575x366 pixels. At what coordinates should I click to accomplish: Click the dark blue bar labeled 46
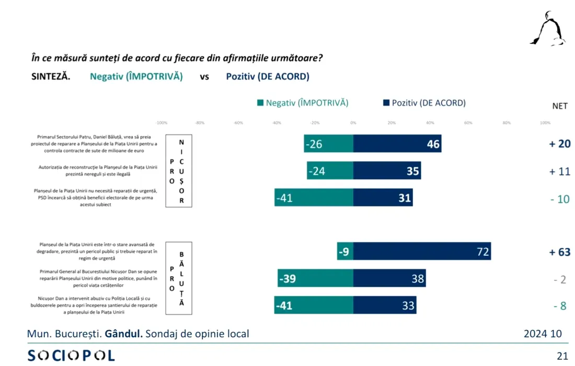point(397,144)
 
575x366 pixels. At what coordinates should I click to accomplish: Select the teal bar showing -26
point(329,144)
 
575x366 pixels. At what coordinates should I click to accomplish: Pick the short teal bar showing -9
point(345,251)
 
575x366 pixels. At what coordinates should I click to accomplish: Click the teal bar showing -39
point(315,279)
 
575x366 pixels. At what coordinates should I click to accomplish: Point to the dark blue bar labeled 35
point(387,171)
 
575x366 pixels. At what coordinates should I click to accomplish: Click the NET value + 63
point(559,252)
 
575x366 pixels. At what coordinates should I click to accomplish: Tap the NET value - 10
point(559,199)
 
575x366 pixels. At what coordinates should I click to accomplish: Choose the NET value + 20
point(559,144)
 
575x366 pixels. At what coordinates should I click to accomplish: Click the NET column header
point(560,106)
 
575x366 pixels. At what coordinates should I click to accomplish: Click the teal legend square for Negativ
point(260,103)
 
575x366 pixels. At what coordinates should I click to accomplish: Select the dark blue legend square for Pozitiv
point(386,103)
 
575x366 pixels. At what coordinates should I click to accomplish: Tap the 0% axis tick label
point(353,123)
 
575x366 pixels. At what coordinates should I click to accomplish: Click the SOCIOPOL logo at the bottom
point(71,356)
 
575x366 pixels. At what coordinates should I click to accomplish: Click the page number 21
point(562,356)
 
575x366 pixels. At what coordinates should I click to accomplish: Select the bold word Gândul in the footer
point(123,334)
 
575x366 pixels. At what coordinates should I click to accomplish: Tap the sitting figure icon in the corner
point(548,29)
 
